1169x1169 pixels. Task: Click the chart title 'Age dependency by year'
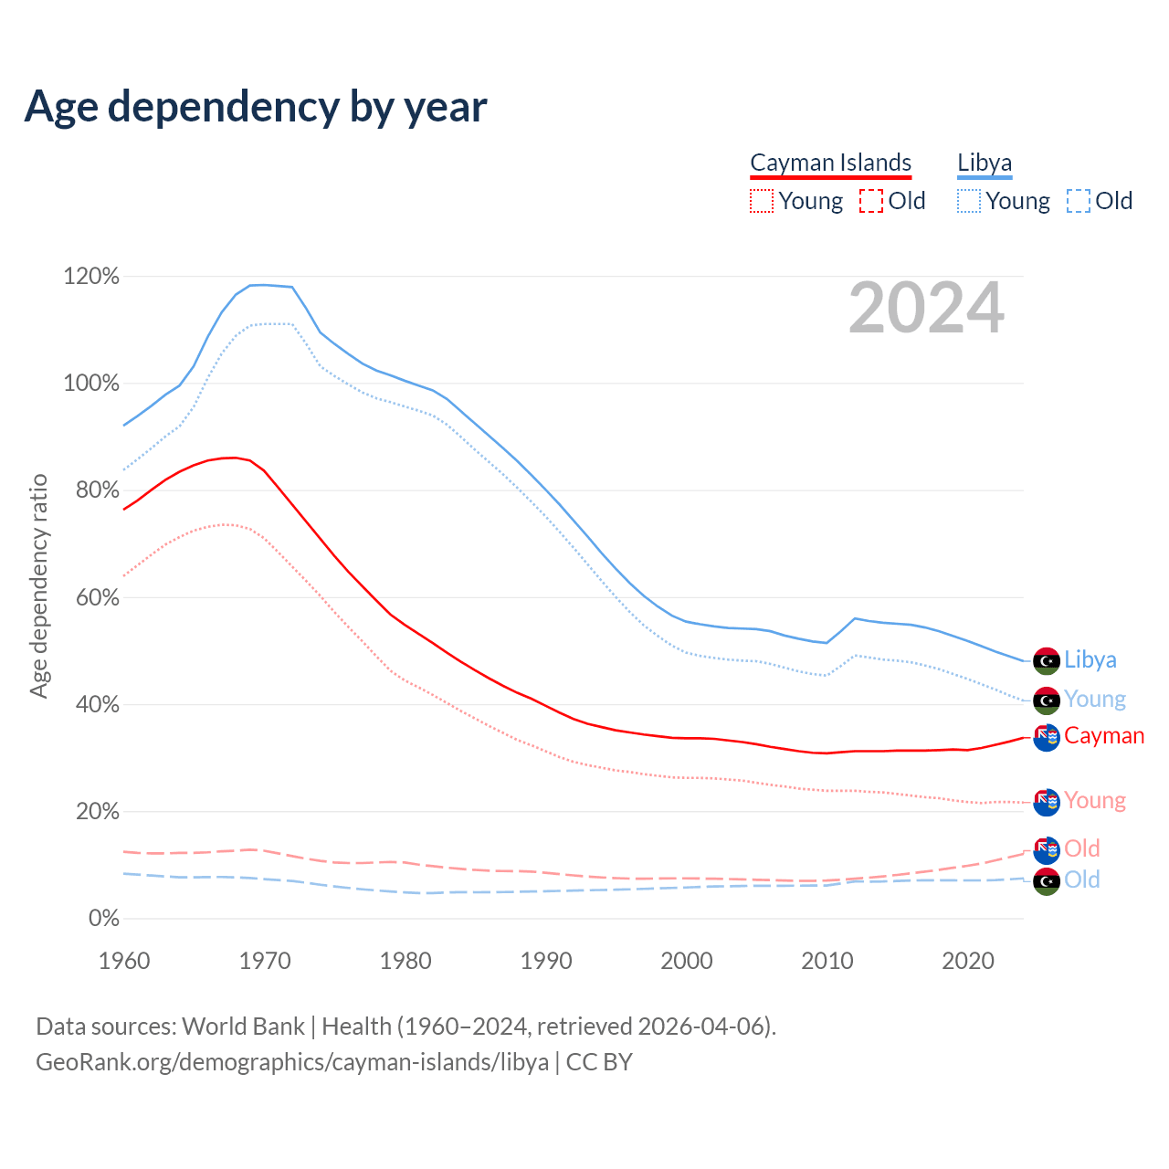point(256,107)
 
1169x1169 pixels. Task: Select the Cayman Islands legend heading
point(830,163)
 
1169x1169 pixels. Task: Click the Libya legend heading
point(985,163)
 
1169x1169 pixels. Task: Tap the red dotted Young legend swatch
point(761,201)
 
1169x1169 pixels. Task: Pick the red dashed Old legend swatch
point(871,201)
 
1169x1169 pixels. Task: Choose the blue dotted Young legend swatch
point(969,201)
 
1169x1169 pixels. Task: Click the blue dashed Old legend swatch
point(1079,201)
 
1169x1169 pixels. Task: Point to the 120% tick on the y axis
point(91,276)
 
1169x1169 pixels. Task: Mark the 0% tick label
point(103,919)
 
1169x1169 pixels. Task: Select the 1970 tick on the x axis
point(265,961)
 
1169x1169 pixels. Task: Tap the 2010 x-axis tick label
point(827,961)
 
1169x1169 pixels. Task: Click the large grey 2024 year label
point(926,309)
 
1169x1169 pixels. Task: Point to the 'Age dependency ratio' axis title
point(38,585)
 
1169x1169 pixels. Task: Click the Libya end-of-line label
point(1090,659)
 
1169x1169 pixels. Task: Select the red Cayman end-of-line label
point(1104,736)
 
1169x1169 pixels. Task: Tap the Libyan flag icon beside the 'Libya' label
point(1047,660)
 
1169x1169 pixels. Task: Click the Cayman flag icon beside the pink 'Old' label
point(1047,849)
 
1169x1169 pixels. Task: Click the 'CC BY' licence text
point(599,1062)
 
